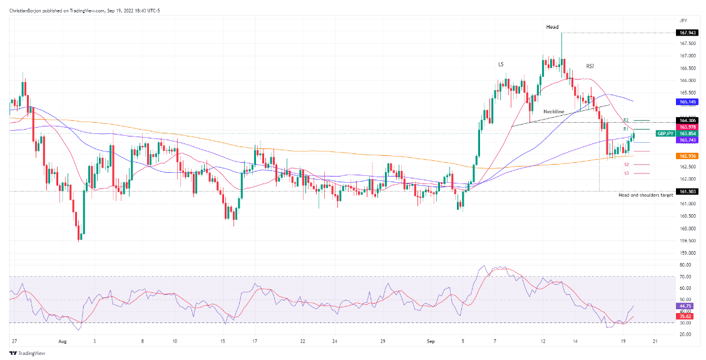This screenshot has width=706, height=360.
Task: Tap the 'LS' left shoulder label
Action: click(501, 64)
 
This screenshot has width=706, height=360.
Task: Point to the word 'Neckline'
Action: click(553, 111)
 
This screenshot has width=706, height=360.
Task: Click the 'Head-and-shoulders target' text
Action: click(645, 195)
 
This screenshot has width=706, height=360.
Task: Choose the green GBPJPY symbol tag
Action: click(664, 133)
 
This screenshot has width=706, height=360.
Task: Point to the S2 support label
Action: click(627, 164)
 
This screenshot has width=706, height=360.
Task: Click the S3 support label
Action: click(627, 173)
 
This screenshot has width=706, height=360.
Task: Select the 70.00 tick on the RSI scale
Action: click(685, 276)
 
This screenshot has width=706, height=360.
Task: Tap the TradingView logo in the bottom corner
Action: click(22, 353)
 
